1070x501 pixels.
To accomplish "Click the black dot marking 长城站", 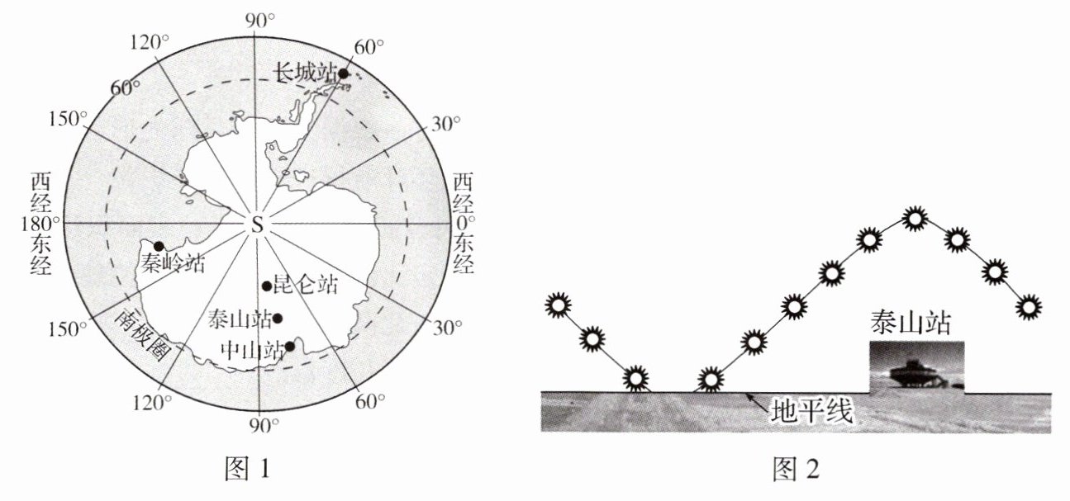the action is [x=343, y=74].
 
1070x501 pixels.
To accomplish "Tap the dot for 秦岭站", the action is [x=159, y=246].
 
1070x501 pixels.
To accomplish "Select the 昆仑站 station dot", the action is [x=267, y=286].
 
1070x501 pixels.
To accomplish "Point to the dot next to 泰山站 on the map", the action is [x=277, y=319].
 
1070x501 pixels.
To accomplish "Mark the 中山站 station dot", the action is [x=289, y=347].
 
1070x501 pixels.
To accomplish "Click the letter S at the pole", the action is [x=258, y=225].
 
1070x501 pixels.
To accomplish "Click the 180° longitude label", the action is [x=40, y=224].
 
